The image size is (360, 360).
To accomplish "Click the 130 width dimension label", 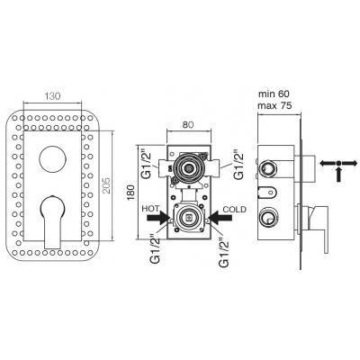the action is (52, 96).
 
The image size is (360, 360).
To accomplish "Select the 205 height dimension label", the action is (107, 185).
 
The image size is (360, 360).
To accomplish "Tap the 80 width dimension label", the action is (188, 124).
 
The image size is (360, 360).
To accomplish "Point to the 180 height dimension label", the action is (131, 193).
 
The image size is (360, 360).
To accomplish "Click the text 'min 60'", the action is (274, 94).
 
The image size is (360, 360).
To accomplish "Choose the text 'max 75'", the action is (274, 105).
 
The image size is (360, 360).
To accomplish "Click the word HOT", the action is (150, 209).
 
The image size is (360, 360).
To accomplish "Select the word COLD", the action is (234, 209).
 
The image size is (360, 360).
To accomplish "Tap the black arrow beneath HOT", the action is (158, 218).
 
